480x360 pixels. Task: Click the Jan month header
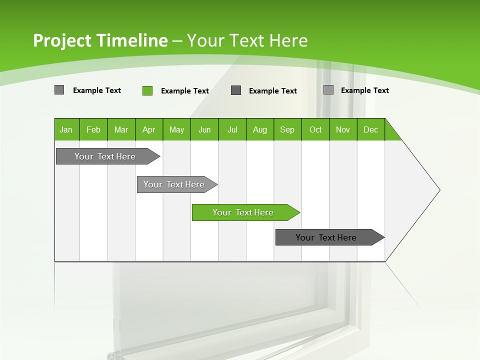point(66,129)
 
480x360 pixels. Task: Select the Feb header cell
point(93,129)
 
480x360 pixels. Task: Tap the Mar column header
point(121,129)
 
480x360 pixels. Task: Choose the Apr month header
point(149,129)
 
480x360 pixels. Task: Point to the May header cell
point(176,129)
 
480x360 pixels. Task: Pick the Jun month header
point(204,129)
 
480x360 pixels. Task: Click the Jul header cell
point(232,129)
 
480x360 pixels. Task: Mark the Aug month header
point(260,129)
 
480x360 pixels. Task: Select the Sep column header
point(287,129)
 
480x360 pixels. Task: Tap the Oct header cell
point(315,129)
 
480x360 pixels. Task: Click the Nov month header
point(343,129)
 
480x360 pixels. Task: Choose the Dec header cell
point(371,129)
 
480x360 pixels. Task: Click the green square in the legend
point(147,90)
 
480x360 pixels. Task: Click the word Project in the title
point(62,40)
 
